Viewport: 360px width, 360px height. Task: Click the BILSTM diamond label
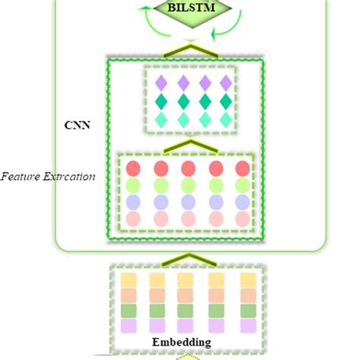click(x=179, y=9)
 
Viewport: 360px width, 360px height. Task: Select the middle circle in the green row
click(x=187, y=185)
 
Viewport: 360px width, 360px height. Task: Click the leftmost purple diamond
click(x=160, y=83)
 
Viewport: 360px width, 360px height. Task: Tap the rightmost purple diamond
click(x=226, y=83)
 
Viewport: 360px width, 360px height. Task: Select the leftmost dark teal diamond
click(x=160, y=101)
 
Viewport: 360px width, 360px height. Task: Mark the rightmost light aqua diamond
click(x=226, y=119)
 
